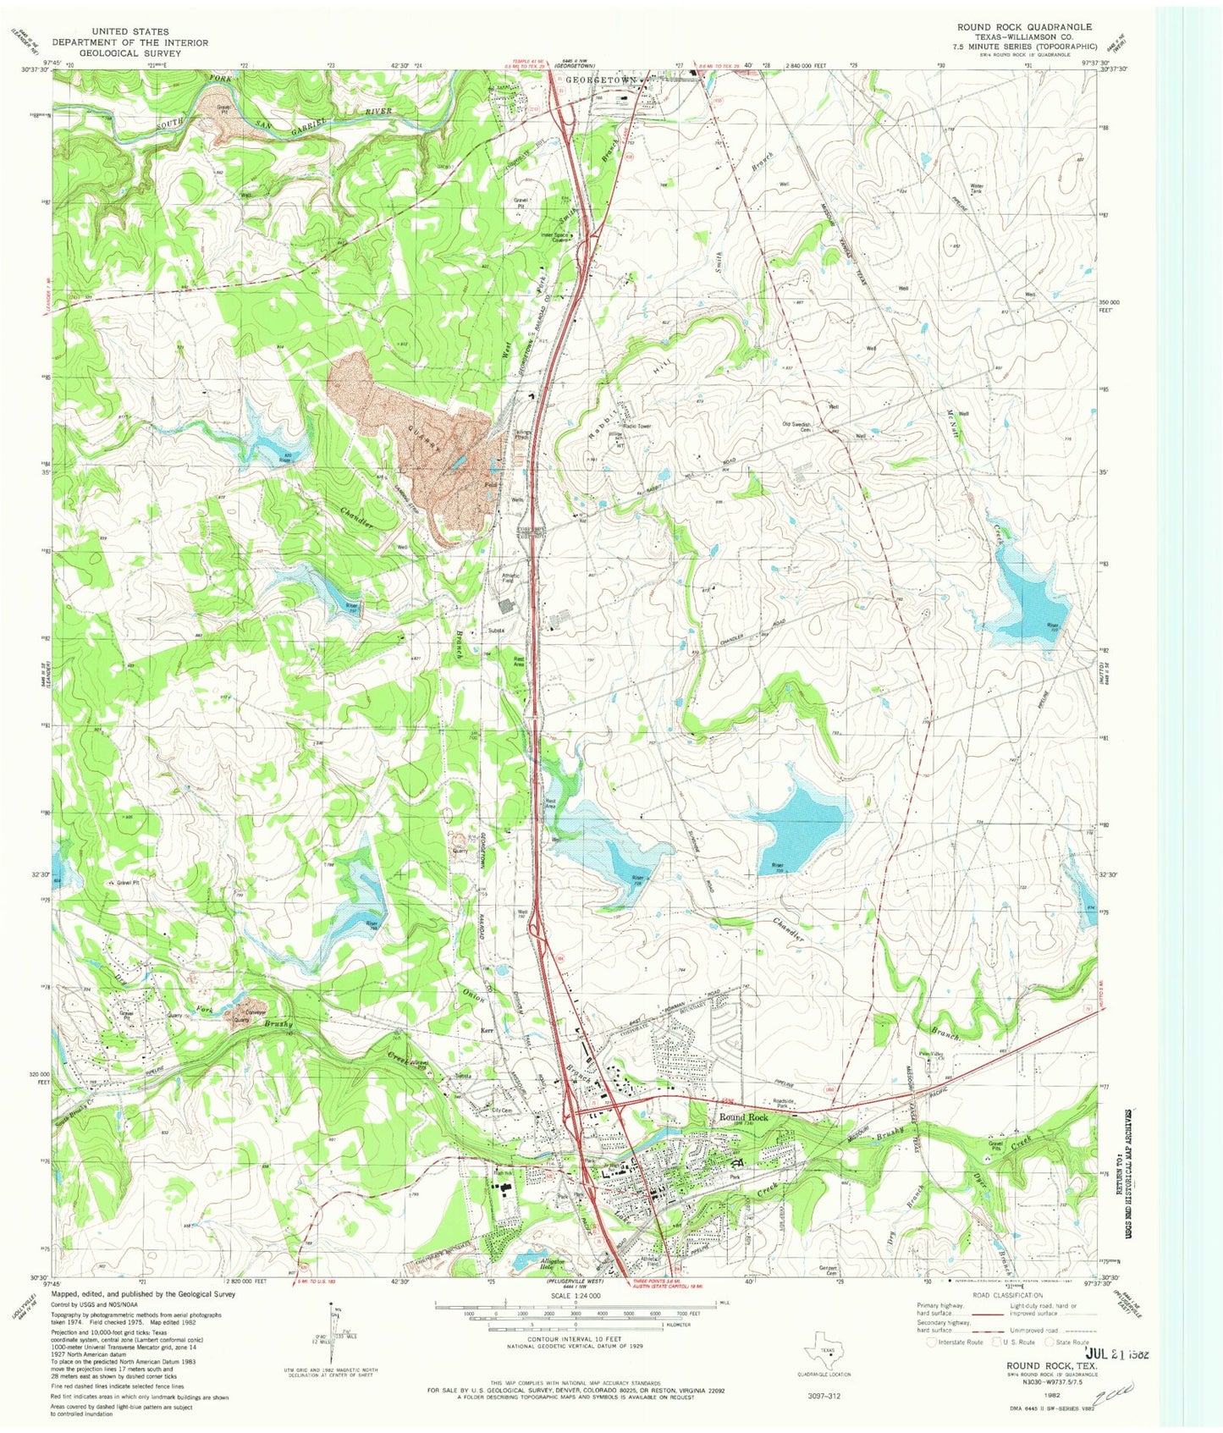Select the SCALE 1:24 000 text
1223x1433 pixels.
[575, 1295]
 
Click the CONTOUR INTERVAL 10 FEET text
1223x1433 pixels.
[575, 1336]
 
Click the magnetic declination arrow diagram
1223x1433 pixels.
[333, 1329]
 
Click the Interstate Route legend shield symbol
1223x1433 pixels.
[932, 1342]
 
